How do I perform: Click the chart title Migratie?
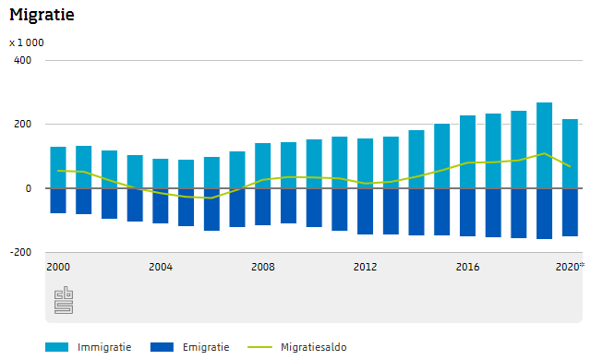(x=42, y=16)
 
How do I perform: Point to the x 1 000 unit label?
(x=27, y=42)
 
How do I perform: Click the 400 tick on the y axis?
(x=22, y=60)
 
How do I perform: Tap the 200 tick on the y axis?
(x=22, y=125)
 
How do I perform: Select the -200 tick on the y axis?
(x=20, y=252)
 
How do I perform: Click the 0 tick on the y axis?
(x=28, y=188)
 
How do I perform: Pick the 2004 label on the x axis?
(x=161, y=267)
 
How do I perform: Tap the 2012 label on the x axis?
(x=366, y=267)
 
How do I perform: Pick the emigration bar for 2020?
(x=571, y=211)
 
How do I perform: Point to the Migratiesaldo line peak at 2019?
(x=545, y=153)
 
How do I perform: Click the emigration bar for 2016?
(x=468, y=211)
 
